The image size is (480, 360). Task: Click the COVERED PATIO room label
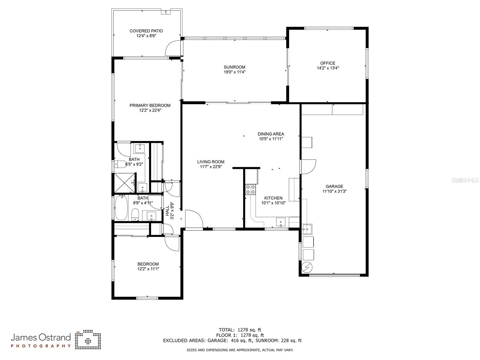click(146, 31)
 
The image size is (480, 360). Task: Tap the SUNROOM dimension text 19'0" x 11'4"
click(235, 72)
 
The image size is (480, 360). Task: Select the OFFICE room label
click(328, 63)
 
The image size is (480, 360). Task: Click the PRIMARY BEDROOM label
click(150, 105)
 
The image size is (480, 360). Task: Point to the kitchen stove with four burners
click(250, 189)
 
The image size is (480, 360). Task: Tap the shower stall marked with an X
click(124, 183)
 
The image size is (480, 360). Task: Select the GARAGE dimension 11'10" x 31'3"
click(334, 191)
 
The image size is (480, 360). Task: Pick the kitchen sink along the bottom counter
click(281, 222)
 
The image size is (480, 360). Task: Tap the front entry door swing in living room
click(193, 219)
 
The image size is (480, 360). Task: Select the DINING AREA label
click(271, 134)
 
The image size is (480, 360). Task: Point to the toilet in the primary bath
click(121, 164)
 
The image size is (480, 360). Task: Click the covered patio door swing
click(173, 48)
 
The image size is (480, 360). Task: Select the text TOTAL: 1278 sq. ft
click(240, 330)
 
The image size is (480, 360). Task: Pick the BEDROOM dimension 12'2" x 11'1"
click(148, 269)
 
